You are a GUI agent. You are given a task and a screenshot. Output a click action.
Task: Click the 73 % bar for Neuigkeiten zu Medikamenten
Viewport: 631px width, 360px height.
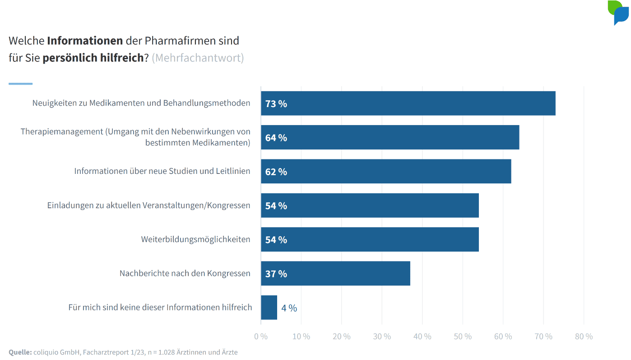coord(408,103)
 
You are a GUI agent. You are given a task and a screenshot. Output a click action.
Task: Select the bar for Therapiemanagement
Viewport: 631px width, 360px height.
coord(390,137)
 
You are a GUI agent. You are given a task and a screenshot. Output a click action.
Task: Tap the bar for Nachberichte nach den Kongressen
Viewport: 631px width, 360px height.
coord(335,273)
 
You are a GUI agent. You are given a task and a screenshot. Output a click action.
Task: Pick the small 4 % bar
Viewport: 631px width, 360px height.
coord(269,308)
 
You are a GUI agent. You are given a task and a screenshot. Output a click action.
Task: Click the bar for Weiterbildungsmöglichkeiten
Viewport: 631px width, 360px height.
coord(370,239)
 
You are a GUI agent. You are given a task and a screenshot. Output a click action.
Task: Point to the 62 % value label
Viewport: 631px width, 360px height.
coord(276,172)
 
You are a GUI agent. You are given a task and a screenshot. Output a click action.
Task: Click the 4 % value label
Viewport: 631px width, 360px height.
coord(289,308)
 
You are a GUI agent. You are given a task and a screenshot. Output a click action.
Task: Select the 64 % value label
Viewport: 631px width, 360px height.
coord(276,138)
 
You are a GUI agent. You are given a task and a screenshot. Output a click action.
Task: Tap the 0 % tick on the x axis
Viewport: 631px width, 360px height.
coord(261,337)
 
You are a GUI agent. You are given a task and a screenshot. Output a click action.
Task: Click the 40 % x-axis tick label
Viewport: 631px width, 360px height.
coord(422,337)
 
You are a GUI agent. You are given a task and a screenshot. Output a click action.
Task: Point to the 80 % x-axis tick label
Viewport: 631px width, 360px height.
coord(584,337)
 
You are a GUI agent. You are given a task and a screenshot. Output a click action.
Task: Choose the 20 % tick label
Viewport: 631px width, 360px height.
coord(341,337)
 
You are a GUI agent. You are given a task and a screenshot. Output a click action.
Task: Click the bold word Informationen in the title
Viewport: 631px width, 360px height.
coord(85,41)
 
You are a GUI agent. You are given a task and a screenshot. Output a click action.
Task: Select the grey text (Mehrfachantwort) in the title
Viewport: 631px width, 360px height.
coord(198,58)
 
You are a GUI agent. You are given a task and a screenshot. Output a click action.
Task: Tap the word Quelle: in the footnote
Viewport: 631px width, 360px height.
coord(20,352)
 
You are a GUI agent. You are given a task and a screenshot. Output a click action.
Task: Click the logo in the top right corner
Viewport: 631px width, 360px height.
coord(618,13)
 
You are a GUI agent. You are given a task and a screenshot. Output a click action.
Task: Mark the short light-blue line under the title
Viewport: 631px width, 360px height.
coord(20,84)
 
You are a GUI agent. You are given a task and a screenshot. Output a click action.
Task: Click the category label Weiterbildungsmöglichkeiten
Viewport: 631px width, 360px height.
coord(195,239)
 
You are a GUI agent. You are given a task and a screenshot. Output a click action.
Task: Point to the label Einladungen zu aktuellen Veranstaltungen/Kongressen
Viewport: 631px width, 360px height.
coord(148,206)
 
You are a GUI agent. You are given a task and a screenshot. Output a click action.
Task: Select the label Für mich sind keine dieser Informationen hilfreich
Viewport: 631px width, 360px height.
coord(160,308)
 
